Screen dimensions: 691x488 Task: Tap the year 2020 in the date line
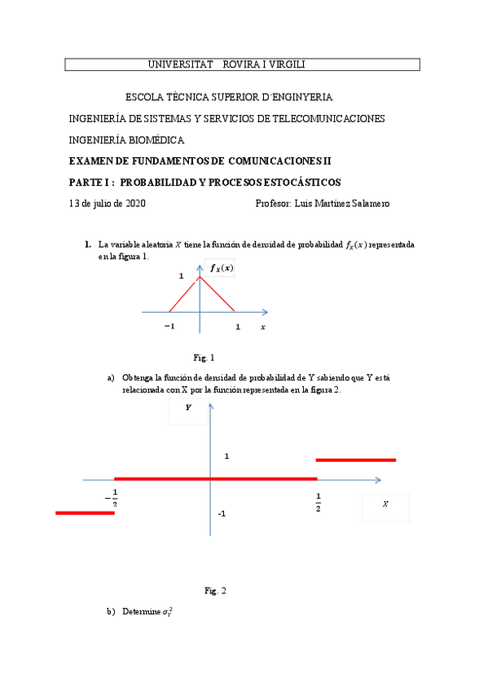coord(133,204)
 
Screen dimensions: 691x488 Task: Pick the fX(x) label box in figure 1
coord(221,268)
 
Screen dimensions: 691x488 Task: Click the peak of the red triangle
coord(200,279)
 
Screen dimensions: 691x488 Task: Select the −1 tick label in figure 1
coord(169,326)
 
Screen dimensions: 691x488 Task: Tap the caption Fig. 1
coord(204,358)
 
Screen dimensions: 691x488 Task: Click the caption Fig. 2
coord(215,591)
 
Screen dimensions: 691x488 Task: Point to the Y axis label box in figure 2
coord(188,410)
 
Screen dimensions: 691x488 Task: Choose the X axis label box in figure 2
coord(385,506)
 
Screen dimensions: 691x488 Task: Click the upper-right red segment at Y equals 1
coord(355,460)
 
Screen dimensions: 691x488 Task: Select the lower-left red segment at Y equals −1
coord(85,513)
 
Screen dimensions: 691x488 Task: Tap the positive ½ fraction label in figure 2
coord(318,502)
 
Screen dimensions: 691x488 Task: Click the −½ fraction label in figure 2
coord(112,498)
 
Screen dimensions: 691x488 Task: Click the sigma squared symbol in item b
coord(167,612)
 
